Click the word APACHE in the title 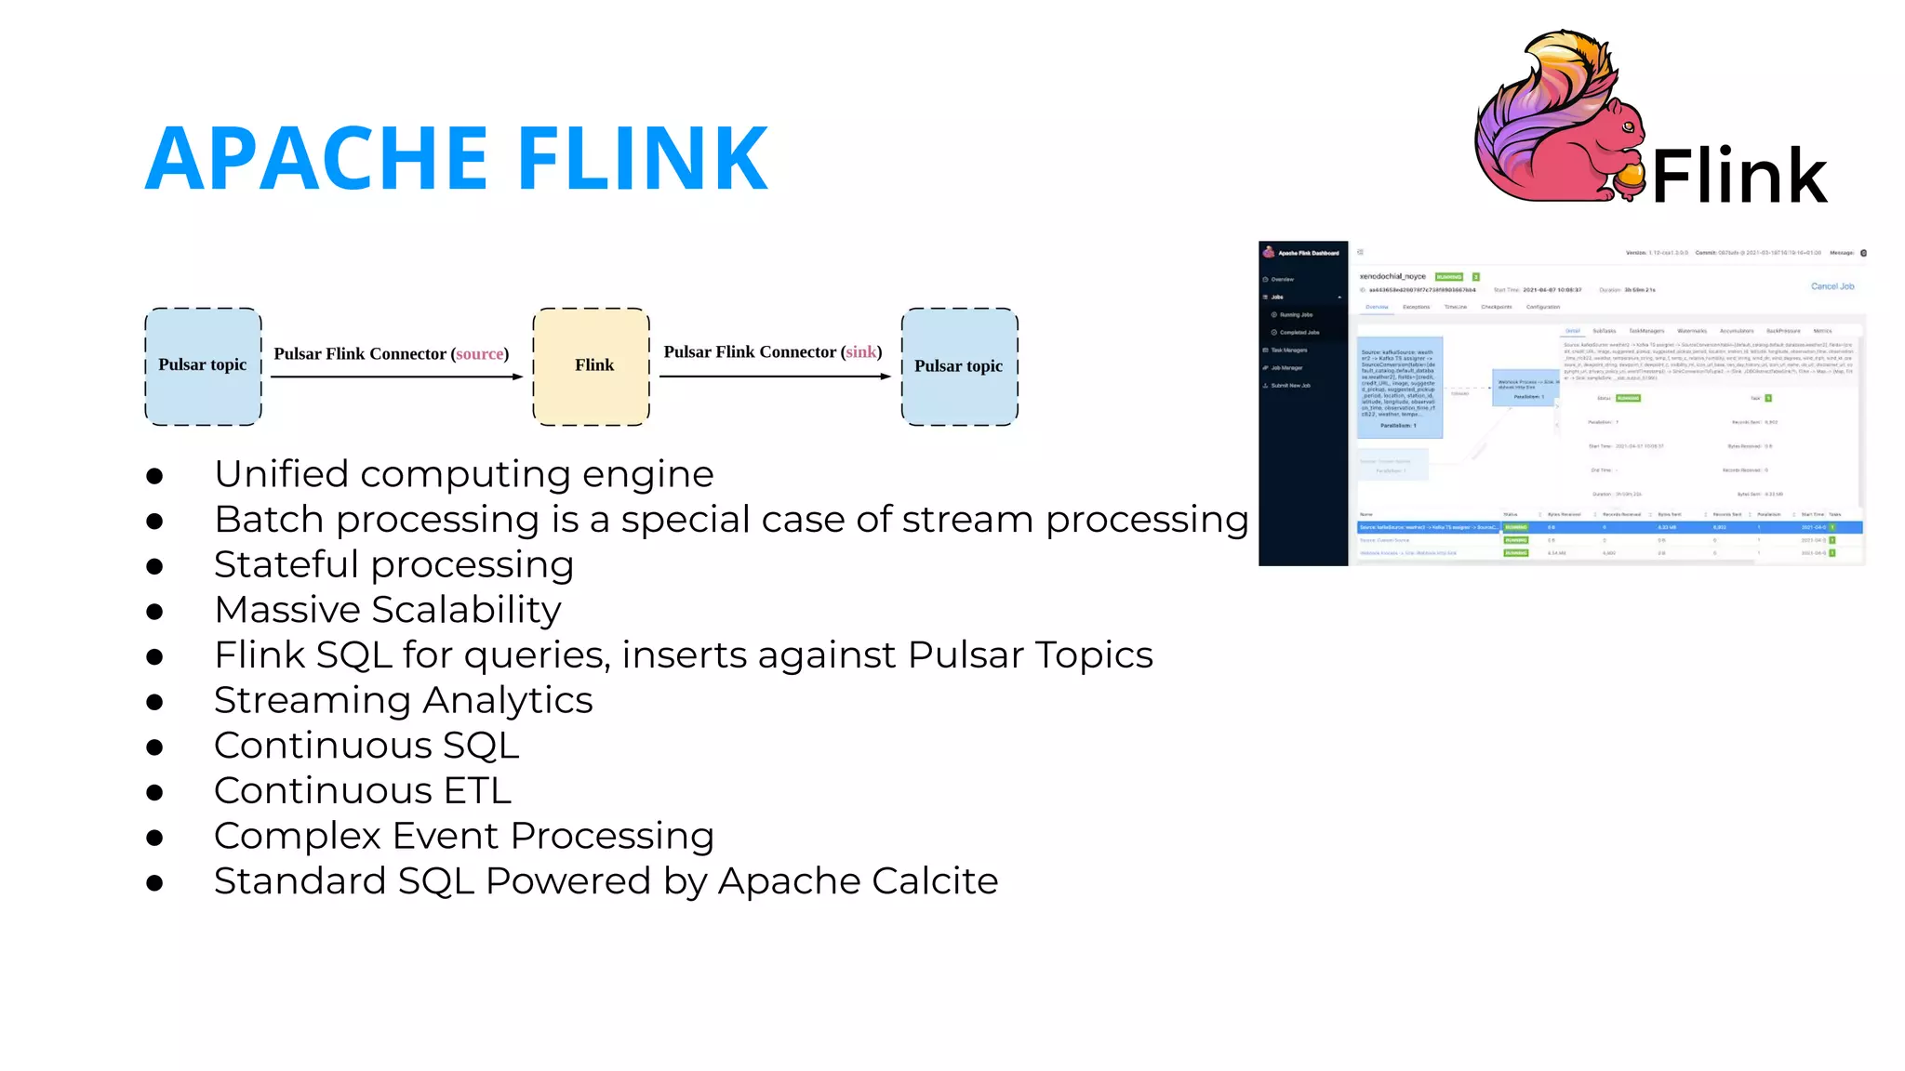(x=316, y=159)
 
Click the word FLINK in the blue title (x=642, y=159)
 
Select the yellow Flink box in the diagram (x=592, y=366)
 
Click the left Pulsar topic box (x=203, y=366)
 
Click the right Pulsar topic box (x=959, y=366)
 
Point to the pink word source (x=479, y=354)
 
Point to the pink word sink (x=860, y=352)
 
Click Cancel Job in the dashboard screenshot (x=1832, y=286)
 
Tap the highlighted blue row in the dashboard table (x=1609, y=527)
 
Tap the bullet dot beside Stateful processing (x=154, y=566)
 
